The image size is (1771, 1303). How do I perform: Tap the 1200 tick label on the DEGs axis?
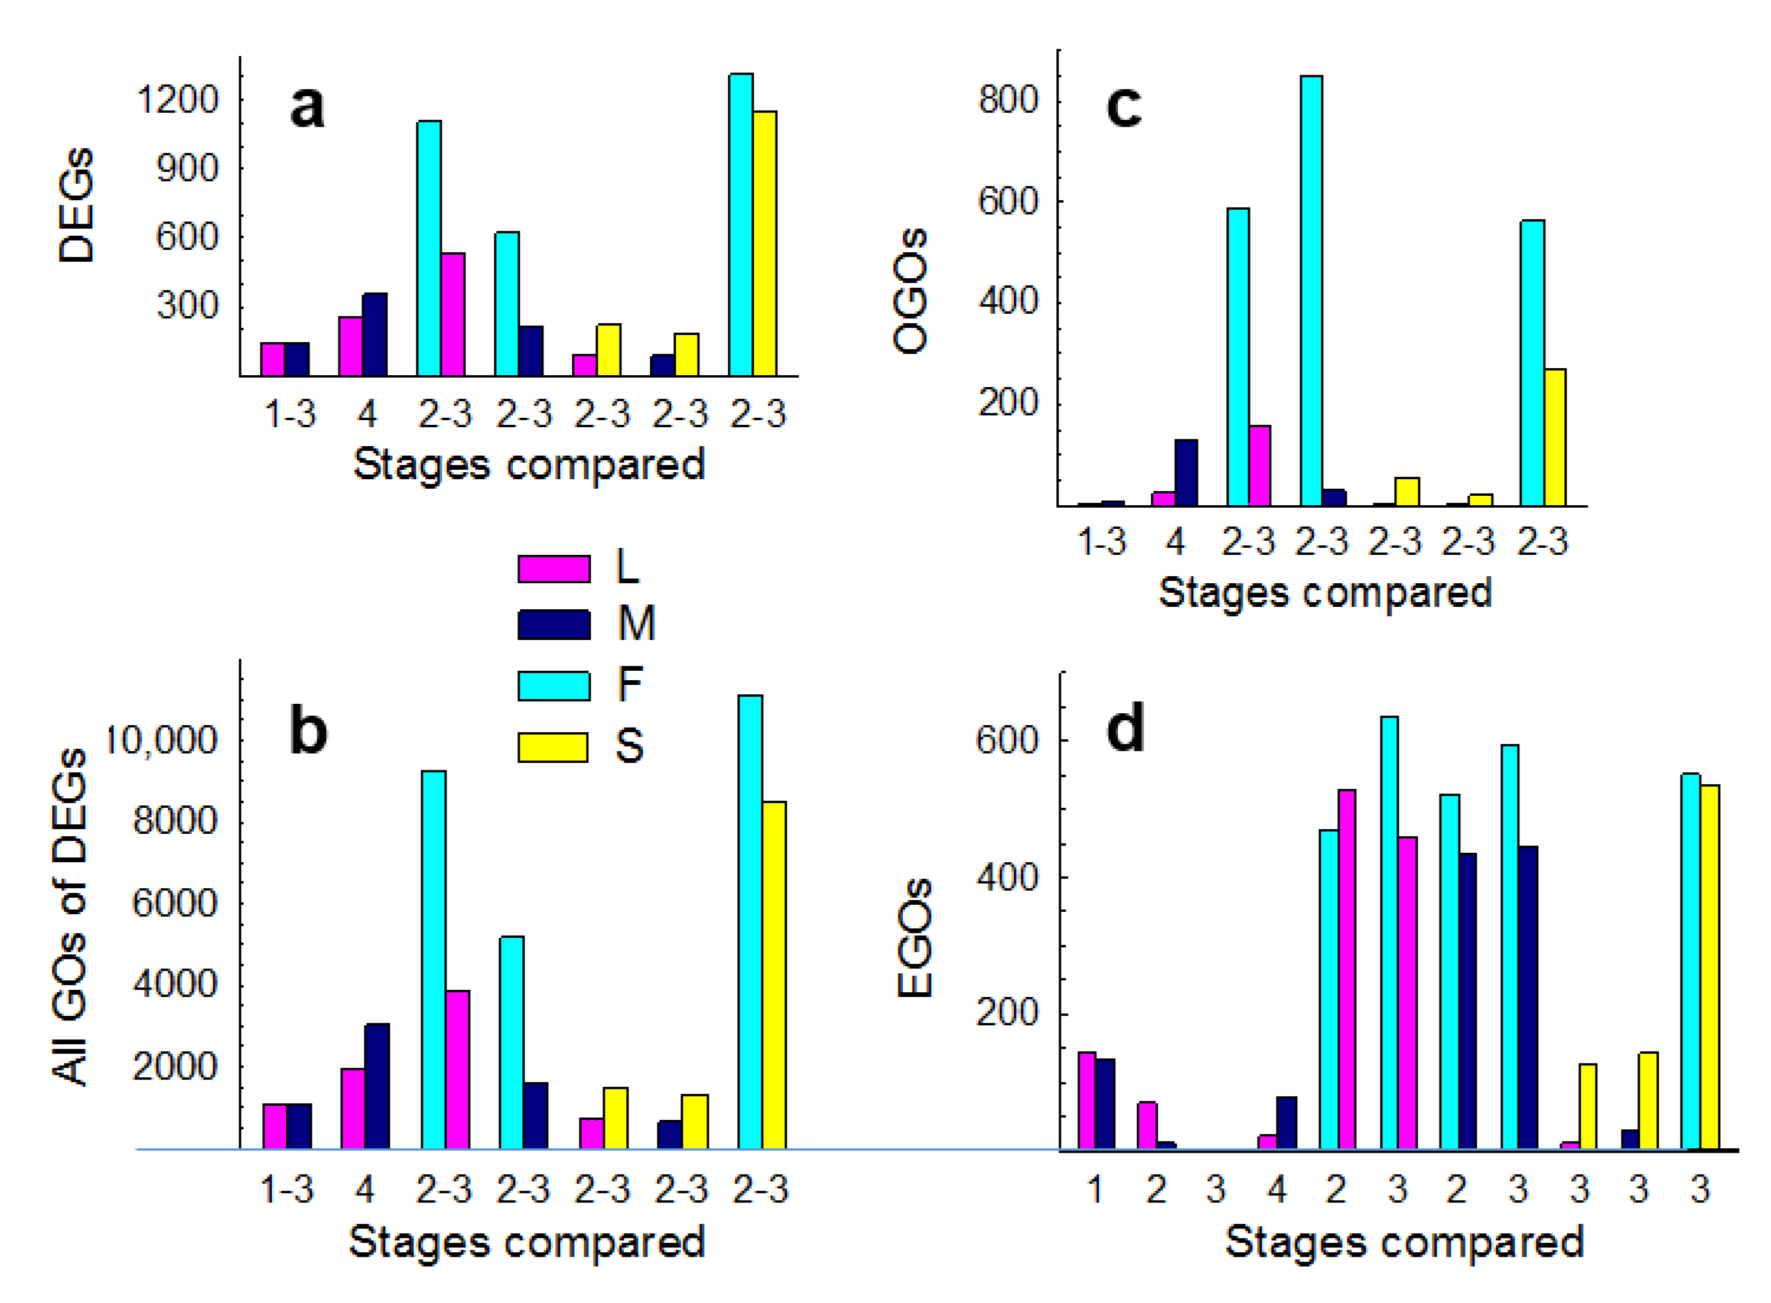pyautogui.click(x=177, y=100)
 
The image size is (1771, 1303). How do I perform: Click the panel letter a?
pyautogui.click(x=307, y=108)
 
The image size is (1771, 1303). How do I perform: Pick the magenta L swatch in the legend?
pyautogui.click(x=554, y=568)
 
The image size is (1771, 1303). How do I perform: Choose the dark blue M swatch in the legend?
pyautogui.click(x=554, y=625)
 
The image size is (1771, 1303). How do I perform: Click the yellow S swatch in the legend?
pyautogui.click(x=554, y=747)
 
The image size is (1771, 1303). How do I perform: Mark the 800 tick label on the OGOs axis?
pyautogui.click(x=1008, y=100)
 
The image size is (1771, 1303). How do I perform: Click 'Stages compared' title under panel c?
pyautogui.click(x=1324, y=593)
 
